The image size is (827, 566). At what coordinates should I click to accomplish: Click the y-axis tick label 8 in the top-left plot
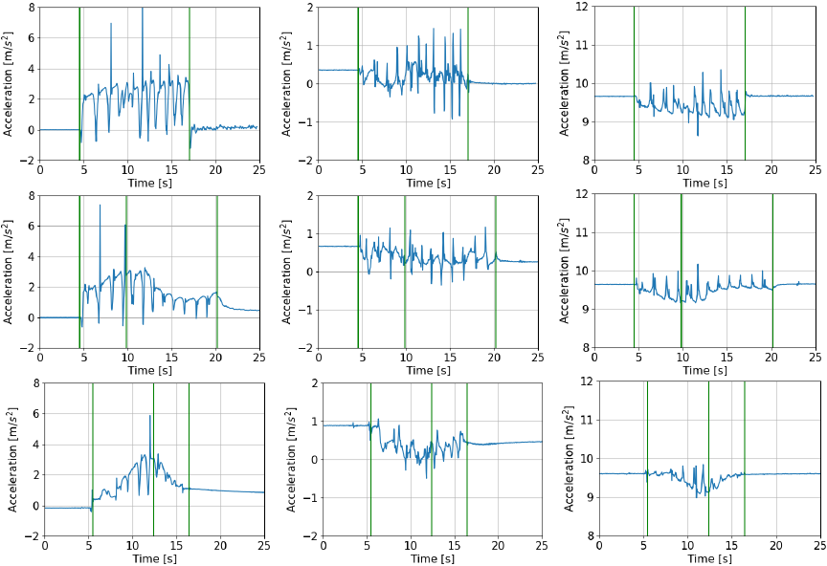[x=33, y=8]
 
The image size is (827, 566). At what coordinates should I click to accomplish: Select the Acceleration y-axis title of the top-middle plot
[x=289, y=84]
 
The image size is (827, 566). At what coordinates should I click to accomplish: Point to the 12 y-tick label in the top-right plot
[x=581, y=8]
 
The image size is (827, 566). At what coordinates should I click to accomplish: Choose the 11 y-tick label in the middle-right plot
[x=581, y=233]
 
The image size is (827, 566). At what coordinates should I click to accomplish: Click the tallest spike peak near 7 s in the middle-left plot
[x=100, y=206]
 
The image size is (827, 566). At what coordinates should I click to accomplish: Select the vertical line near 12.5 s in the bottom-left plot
[x=153, y=459]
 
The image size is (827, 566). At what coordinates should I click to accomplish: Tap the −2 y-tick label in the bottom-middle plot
[x=307, y=536]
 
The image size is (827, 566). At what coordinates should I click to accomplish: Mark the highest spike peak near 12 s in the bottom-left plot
[x=150, y=415]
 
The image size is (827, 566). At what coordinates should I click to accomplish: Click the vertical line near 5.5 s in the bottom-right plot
[x=647, y=459]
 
